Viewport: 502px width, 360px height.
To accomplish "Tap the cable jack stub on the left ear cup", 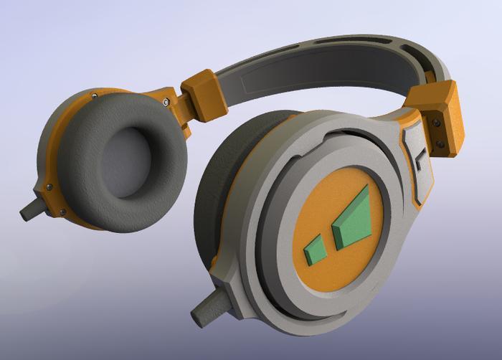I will [x=31, y=209].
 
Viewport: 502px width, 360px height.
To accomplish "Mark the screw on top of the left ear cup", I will [x=95, y=95].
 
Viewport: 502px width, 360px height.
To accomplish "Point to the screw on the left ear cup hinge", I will [x=166, y=103].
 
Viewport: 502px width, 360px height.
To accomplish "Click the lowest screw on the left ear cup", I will [x=65, y=212].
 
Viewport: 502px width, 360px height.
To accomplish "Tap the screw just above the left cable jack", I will [x=49, y=187].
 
